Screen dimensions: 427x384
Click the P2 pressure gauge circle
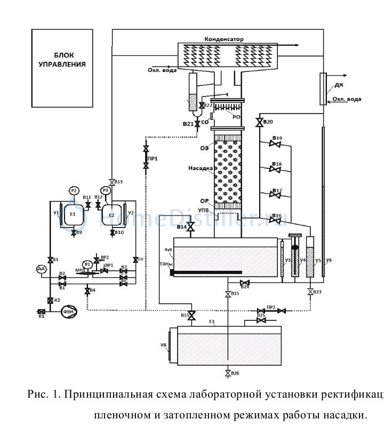(x=74, y=190)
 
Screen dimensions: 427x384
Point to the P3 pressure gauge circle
(x=106, y=190)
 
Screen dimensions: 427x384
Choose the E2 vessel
(x=112, y=214)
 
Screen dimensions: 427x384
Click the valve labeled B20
(x=259, y=123)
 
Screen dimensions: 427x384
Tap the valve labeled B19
(x=276, y=143)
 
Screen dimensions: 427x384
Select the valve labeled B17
(x=276, y=195)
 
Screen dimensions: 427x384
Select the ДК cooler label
(x=337, y=85)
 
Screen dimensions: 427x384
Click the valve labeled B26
(x=228, y=373)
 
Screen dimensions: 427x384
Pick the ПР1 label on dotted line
(x=153, y=158)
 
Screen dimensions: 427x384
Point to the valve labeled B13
(x=111, y=181)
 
